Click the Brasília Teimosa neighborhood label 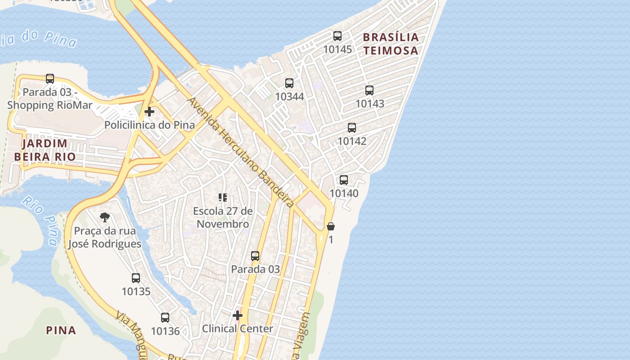pos(391,44)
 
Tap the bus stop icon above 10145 pos(337,36)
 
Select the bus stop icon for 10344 pos(289,83)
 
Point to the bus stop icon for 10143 pos(369,90)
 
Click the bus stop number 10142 pos(352,141)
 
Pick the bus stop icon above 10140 pos(344,180)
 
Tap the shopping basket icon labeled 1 pos(331,226)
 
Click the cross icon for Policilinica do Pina pos(149,112)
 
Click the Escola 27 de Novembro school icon pos(223,198)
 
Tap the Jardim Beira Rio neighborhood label pos(45,150)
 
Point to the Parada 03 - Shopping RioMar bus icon pos(50,79)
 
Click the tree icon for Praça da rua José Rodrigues pos(105,218)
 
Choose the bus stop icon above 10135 pos(136,278)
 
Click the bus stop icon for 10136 pos(165,318)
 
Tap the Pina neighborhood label pos(61,330)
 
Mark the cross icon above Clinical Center pos(238,315)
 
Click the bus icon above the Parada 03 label pos(255,256)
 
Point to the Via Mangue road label pos(130,332)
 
